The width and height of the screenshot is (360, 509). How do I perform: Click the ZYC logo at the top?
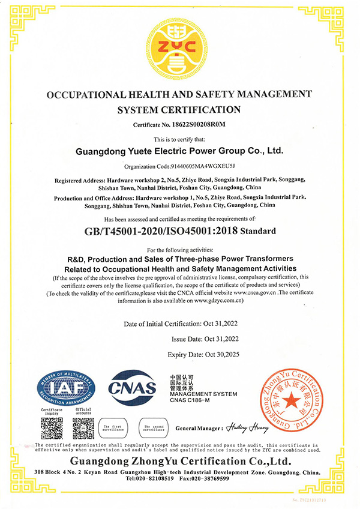(x=179, y=50)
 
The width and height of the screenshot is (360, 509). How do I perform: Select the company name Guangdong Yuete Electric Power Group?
(x=179, y=151)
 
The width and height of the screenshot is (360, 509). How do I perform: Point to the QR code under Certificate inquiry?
(x=52, y=428)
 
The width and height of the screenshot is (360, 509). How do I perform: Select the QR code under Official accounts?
(x=83, y=428)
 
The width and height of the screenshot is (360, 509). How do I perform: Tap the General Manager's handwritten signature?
(x=246, y=428)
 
